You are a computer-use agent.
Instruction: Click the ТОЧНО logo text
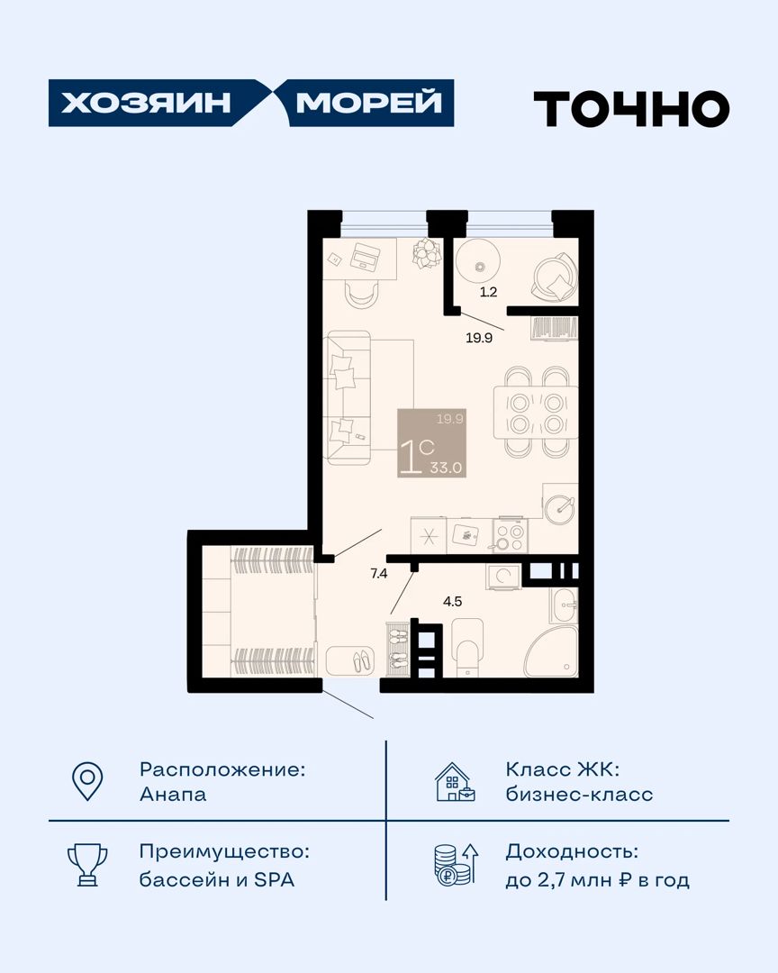point(631,109)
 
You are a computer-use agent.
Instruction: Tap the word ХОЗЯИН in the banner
point(146,103)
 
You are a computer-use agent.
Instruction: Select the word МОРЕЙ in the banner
point(368,103)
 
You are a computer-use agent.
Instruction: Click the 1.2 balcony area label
point(488,292)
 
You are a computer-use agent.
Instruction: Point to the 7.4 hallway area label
point(378,573)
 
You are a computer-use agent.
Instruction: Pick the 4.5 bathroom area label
point(452,601)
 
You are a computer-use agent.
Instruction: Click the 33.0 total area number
point(446,468)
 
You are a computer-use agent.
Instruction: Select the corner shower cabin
point(552,651)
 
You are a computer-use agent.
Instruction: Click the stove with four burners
point(511,535)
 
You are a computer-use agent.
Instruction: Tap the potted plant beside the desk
point(427,253)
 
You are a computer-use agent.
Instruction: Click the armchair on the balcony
point(554,277)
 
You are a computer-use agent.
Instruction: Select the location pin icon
point(87,780)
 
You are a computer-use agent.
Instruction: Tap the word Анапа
point(173,795)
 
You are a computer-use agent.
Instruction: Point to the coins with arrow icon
point(456,864)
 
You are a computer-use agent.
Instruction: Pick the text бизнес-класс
point(580,795)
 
